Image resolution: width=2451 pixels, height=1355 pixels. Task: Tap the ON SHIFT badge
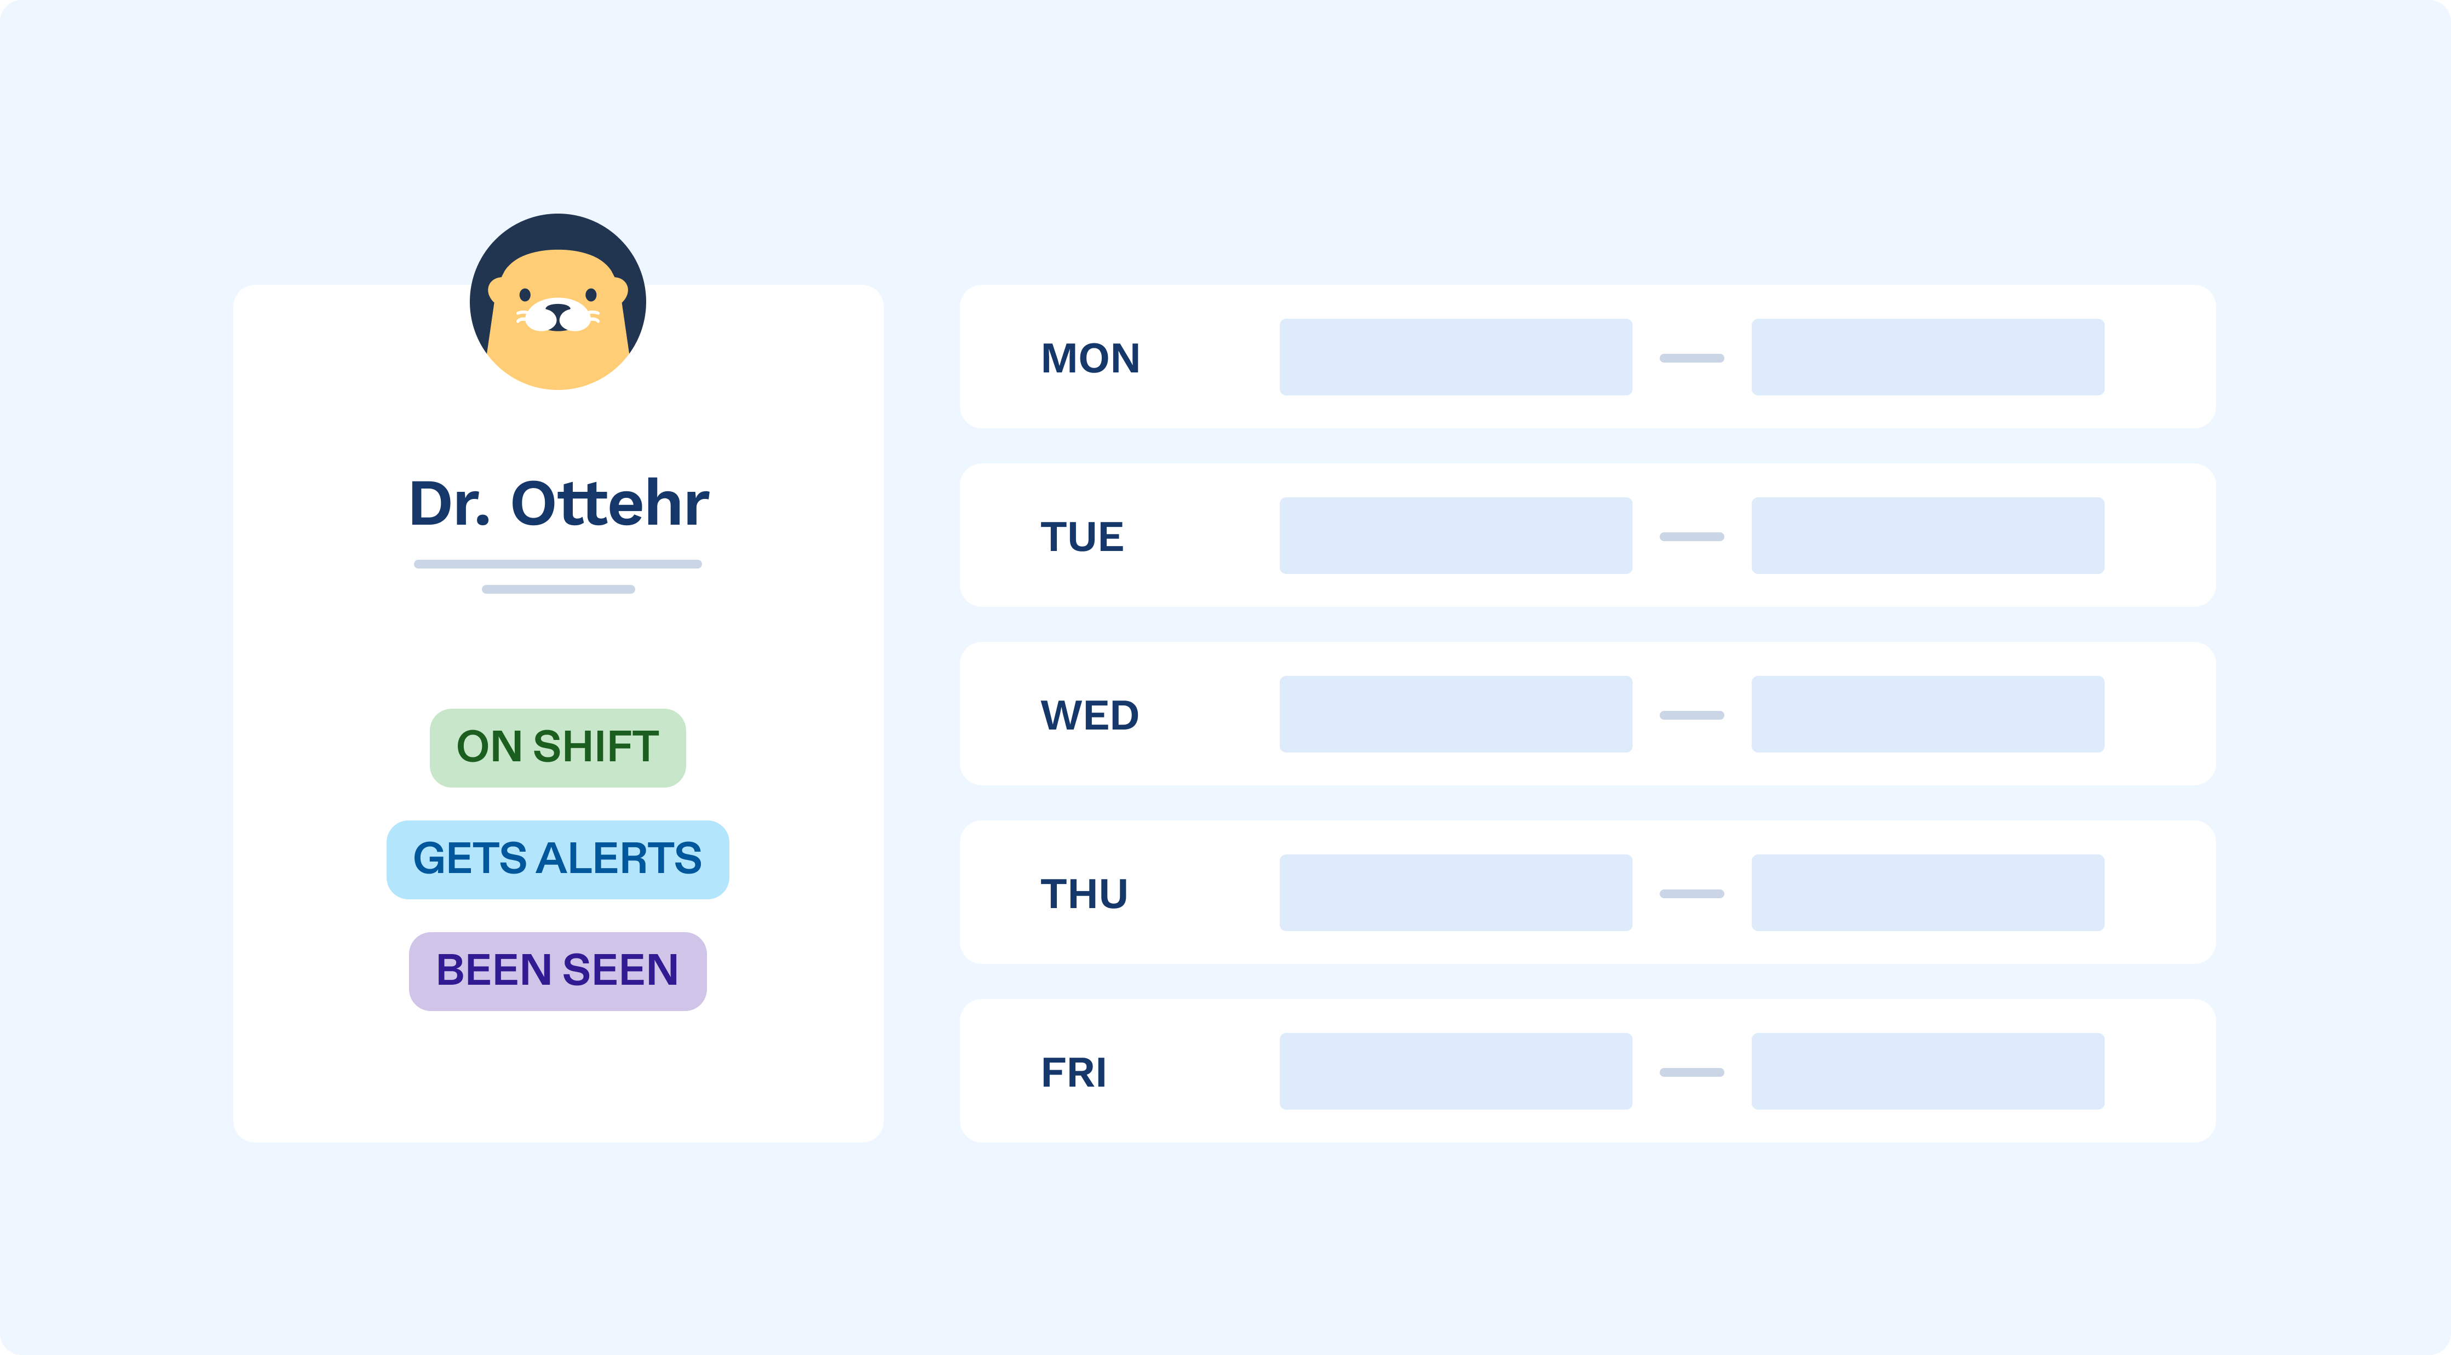click(x=557, y=747)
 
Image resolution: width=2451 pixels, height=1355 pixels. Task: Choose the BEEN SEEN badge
click(x=557, y=971)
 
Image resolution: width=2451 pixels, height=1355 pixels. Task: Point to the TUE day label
click(x=1082, y=537)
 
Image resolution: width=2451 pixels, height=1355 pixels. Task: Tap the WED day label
click(x=1090, y=715)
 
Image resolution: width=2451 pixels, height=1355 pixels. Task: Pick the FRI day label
click(x=1073, y=1072)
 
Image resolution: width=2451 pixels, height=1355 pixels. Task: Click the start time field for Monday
click(x=1455, y=357)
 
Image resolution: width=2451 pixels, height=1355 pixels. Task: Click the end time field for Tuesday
click(x=1927, y=536)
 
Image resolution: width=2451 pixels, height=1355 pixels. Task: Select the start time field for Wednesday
click(x=1455, y=714)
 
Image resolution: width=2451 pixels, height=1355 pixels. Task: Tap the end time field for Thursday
click(x=1927, y=893)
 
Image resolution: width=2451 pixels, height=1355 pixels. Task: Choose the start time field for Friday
click(x=1455, y=1071)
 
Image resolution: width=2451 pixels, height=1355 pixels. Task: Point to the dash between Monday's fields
click(x=1691, y=358)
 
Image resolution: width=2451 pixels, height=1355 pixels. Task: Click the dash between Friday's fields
click(x=1691, y=1072)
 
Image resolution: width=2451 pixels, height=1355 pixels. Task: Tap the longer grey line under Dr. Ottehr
click(x=557, y=564)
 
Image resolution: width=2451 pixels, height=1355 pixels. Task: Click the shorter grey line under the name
click(x=557, y=589)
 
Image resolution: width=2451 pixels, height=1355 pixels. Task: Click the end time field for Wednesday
click(x=1927, y=714)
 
